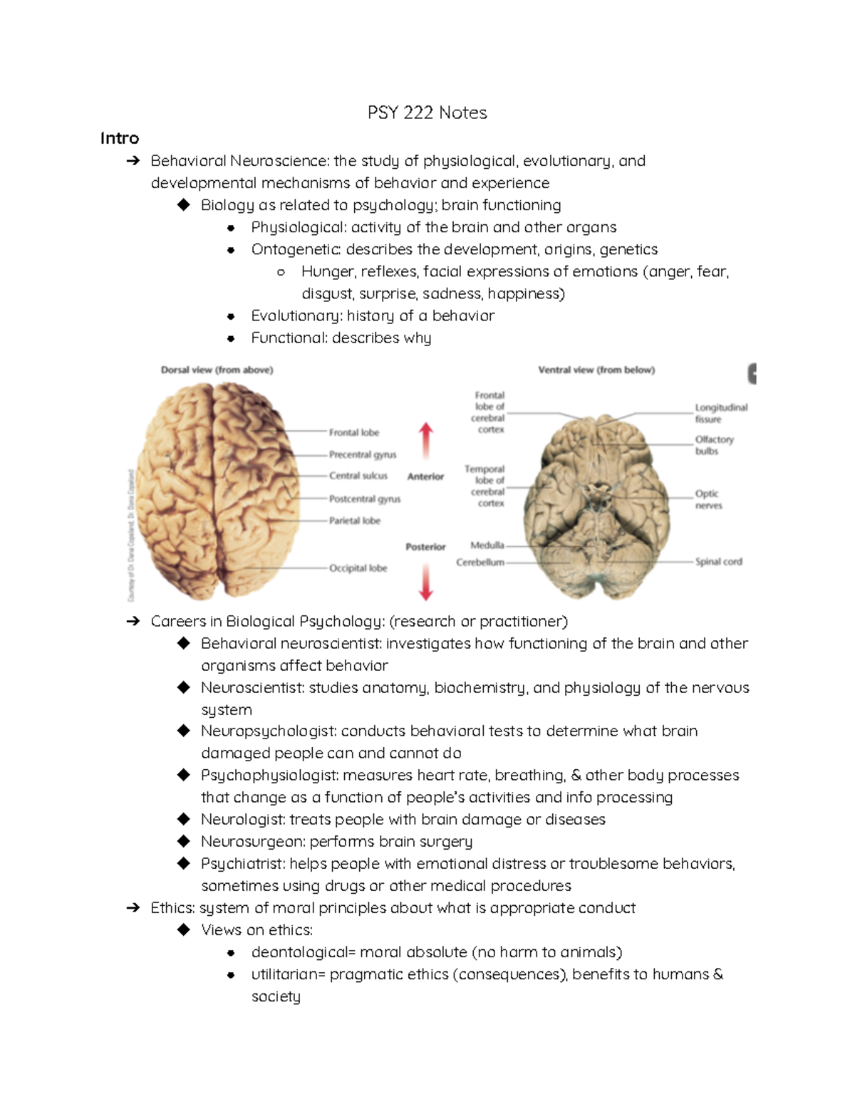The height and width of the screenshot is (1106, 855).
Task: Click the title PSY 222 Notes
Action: (427, 113)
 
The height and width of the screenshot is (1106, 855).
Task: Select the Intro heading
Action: (119, 138)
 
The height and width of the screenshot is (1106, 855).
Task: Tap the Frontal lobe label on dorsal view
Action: (353, 432)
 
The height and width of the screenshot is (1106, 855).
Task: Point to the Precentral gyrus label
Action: (363, 454)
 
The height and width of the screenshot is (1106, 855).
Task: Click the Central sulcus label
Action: (358, 476)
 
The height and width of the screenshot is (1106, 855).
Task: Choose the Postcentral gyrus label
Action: (364, 499)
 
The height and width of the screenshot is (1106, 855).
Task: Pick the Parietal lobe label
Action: (354, 521)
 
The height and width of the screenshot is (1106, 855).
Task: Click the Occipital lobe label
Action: (358, 568)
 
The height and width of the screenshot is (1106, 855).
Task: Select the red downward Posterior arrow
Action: (426, 581)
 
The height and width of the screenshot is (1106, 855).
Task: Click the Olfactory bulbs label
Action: (714, 445)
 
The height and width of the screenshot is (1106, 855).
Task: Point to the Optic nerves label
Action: (708, 499)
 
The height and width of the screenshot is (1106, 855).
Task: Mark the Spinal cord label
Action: (718, 562)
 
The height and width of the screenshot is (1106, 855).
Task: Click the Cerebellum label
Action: (480, 563)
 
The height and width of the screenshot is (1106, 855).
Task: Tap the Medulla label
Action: (487, 546)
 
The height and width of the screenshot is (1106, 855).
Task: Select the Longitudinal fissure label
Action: (720, 413)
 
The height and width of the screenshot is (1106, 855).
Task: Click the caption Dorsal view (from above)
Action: (217, 370)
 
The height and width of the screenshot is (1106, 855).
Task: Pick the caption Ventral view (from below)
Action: (596, 370)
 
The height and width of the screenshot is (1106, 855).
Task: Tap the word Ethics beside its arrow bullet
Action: (172, 908)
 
